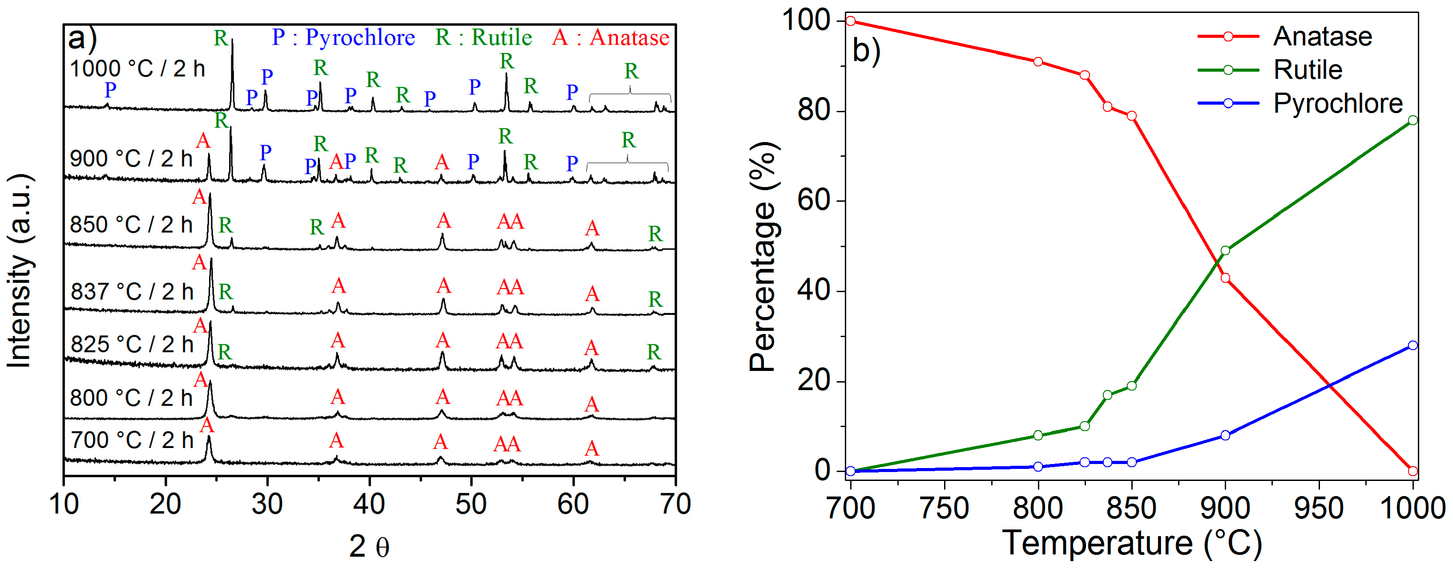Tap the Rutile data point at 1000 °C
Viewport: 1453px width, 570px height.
coord(1413,120)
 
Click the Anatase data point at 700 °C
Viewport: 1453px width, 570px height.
coord(851,21)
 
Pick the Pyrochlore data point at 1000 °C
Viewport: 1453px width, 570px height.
coord(1413,346)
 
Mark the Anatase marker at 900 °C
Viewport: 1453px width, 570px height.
coord(1225,278)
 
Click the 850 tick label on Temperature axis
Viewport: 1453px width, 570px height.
coord(1131,508)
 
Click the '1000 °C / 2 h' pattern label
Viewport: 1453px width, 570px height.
coord(137,69)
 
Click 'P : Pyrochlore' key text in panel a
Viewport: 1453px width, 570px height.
coord(343,38)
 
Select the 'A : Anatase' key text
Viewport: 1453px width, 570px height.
coord(610,38)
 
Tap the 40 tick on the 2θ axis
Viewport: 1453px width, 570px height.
coord(369,504)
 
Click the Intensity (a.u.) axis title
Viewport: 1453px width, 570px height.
coord(19,271)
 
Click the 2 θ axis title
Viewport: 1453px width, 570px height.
coord(369,546)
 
